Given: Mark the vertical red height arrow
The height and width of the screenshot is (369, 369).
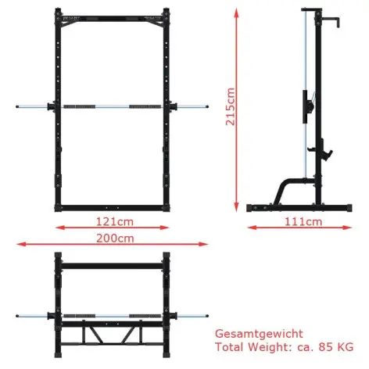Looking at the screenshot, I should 238,109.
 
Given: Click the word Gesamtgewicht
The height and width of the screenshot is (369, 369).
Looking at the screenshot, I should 256,332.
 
